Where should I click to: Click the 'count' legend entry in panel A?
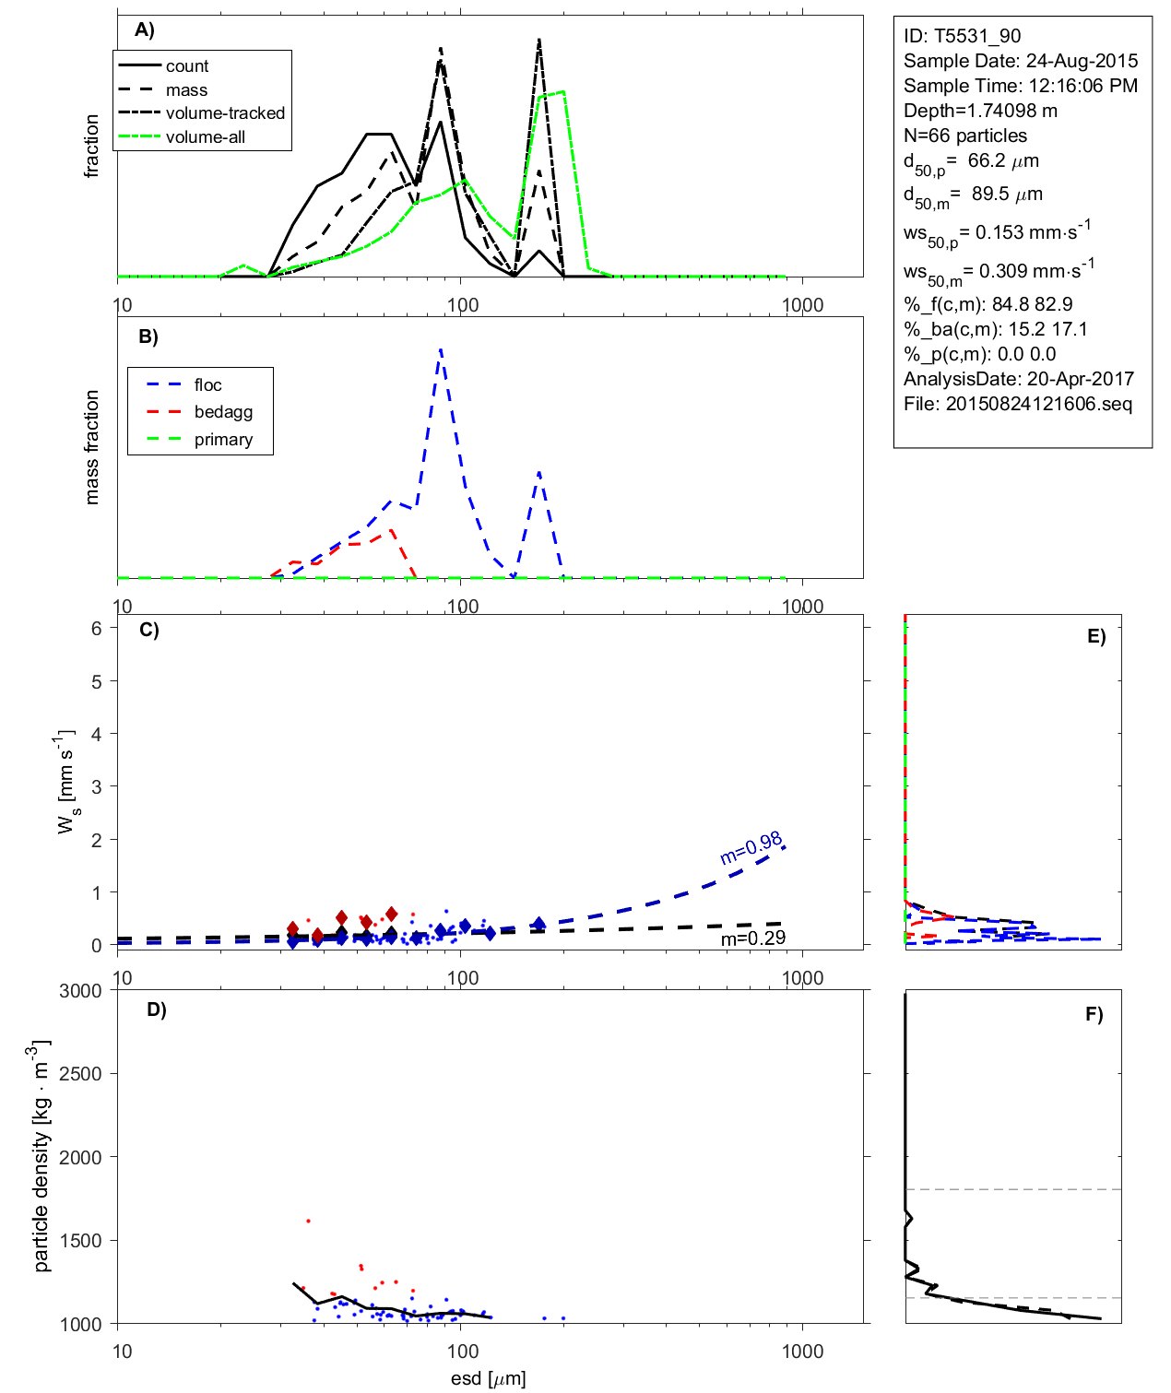[187, 66]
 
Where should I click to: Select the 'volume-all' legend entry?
[205, 137]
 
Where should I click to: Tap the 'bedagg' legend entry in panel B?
[223, 412]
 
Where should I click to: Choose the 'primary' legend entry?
[223, 440]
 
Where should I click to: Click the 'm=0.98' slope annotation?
[751, 847]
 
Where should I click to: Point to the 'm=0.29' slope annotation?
[753, 939]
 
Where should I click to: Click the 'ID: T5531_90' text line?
[962, 36]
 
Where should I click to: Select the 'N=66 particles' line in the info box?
[964, 136]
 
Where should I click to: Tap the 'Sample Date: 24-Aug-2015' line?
[1020, 61]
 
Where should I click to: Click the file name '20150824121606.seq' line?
[1017, 404]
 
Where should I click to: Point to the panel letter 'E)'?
[1095, 636]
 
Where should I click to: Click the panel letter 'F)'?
[1094, 1014]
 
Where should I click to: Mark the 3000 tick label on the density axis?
[80, 991]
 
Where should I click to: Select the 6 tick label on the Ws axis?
[96, 628]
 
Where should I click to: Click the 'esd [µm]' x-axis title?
[488, 1378]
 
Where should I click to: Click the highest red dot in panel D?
[308, 1221]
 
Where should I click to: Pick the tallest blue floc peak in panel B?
[441, 349]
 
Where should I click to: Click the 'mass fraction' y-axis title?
[91, 447]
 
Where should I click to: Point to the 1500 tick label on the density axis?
[80, 1241]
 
